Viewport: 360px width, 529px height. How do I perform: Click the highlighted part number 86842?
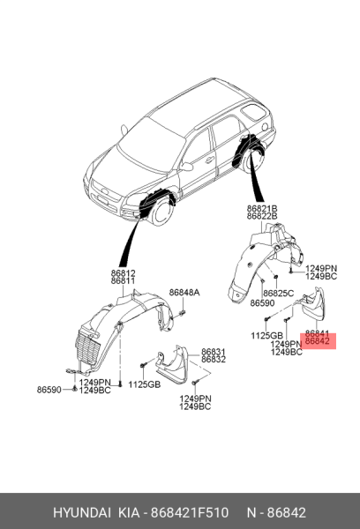[x=317, y=341]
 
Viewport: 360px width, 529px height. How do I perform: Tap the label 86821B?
[x=262, y=208]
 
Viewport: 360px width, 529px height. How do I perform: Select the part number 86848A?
[x=184, y=293]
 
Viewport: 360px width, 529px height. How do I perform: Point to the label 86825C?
[x=278, y=294]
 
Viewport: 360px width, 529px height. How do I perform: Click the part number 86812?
[x=123, y=273]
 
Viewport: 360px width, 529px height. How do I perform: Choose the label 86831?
[x=214, y=352]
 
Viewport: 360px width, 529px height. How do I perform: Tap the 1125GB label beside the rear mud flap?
[x=266, y=336]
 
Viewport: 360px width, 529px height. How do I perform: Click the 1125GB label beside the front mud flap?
[x=144, y=384]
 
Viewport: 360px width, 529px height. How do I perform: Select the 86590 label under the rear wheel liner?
[x=262, y=303]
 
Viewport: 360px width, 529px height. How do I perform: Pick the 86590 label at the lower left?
[x=49, y=390]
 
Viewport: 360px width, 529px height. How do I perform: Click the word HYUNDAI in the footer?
[x=82, y=513]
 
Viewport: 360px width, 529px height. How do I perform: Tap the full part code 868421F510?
[x=190, y=513]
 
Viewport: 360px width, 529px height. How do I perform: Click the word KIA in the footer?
[x=128, y=513]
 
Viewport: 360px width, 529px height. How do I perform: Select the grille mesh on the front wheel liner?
[x=88, y=348]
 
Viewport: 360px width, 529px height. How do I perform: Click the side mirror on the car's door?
[x=186, y=167]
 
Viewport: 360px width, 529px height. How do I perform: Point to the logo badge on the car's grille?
[x=106, y=192]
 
